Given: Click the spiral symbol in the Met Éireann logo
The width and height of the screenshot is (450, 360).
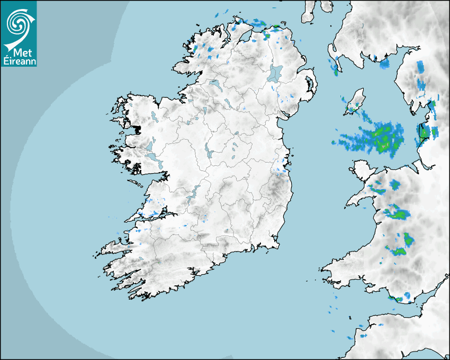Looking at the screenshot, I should pyautogui.click(x=17, y=22).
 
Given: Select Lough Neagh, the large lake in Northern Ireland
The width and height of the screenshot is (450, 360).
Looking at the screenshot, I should pyautogui.click(x=275, y=74).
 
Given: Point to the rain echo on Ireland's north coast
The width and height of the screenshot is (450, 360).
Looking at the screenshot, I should pyautogui.click(x=259, y=24).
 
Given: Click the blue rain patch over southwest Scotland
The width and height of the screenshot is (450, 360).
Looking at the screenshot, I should pyautogui.click(x=384, y=64).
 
